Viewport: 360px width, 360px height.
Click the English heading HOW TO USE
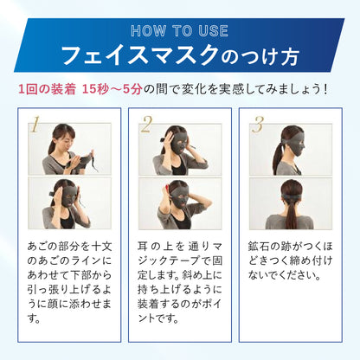tap(179, 31)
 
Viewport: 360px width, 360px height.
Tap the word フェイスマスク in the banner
tap(140, 55)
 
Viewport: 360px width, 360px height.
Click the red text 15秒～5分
tap(112, 89)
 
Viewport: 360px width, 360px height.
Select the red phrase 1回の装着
tap(47, 89)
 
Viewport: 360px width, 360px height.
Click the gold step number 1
tap(35, 125)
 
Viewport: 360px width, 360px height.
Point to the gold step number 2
tap(146, 125)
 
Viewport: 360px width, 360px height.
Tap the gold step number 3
tap(258, 125)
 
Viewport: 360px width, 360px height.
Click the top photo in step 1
tap(69, 149)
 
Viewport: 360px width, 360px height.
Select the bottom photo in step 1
tap(69, 203)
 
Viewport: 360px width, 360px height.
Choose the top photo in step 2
tap(180, 150)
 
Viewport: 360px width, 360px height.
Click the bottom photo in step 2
tap(180, 203)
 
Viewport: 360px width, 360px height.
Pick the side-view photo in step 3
tap(291, 150)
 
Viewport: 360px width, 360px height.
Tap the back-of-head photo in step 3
tap(291, 203)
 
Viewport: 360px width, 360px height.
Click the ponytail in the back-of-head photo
tap(291, 214)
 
